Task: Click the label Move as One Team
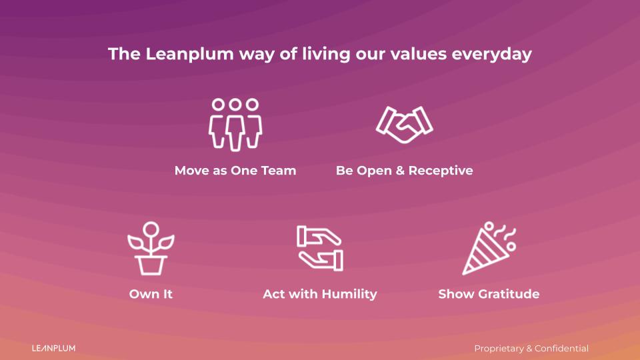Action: pos(235,171)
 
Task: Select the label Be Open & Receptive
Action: pos(404,171)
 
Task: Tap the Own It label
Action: pos(151,294)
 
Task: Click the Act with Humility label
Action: pos(320,294)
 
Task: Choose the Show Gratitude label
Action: pos(489,294)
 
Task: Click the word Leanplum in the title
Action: pos(189,54)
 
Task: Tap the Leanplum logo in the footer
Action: pos(53,348)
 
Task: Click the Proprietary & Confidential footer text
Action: pos(531,349)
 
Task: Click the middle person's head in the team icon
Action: pos(235,105)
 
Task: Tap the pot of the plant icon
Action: pos(151,265)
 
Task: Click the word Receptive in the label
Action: pos(441,171)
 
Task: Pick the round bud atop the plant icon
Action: pos(151,229)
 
